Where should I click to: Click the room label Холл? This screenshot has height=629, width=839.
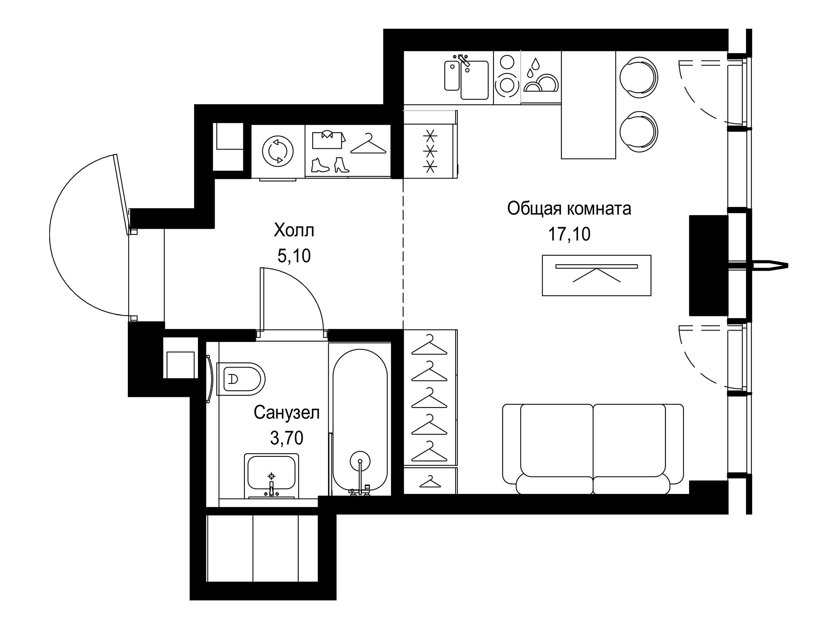click(x=294, y=231)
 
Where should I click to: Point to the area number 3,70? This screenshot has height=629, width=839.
click(x=287, y=438)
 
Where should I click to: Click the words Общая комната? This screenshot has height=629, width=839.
click(x=569, y=209)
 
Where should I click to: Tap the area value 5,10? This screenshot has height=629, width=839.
click(x=294, y=256)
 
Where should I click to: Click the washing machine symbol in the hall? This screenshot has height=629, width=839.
click(x=278, y=152)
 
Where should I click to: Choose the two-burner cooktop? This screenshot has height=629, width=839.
click(x=507, y=78)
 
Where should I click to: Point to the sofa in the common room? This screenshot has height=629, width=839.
click(x=593, y=449)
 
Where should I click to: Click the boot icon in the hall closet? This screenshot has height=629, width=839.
click(x=320, y=165)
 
